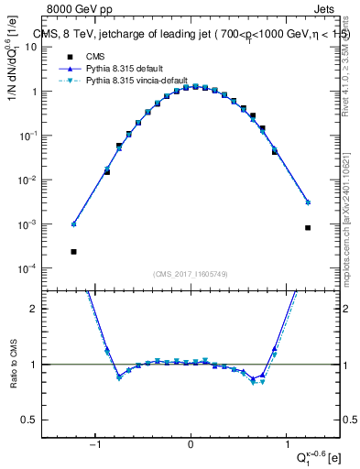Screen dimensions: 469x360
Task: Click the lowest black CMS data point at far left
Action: tap(73, 251)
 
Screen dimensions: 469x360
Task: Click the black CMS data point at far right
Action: tap(308, 228)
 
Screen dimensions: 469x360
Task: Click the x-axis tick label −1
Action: tap(95, 444)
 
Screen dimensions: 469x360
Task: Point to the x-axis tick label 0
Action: tap(191, 444)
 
